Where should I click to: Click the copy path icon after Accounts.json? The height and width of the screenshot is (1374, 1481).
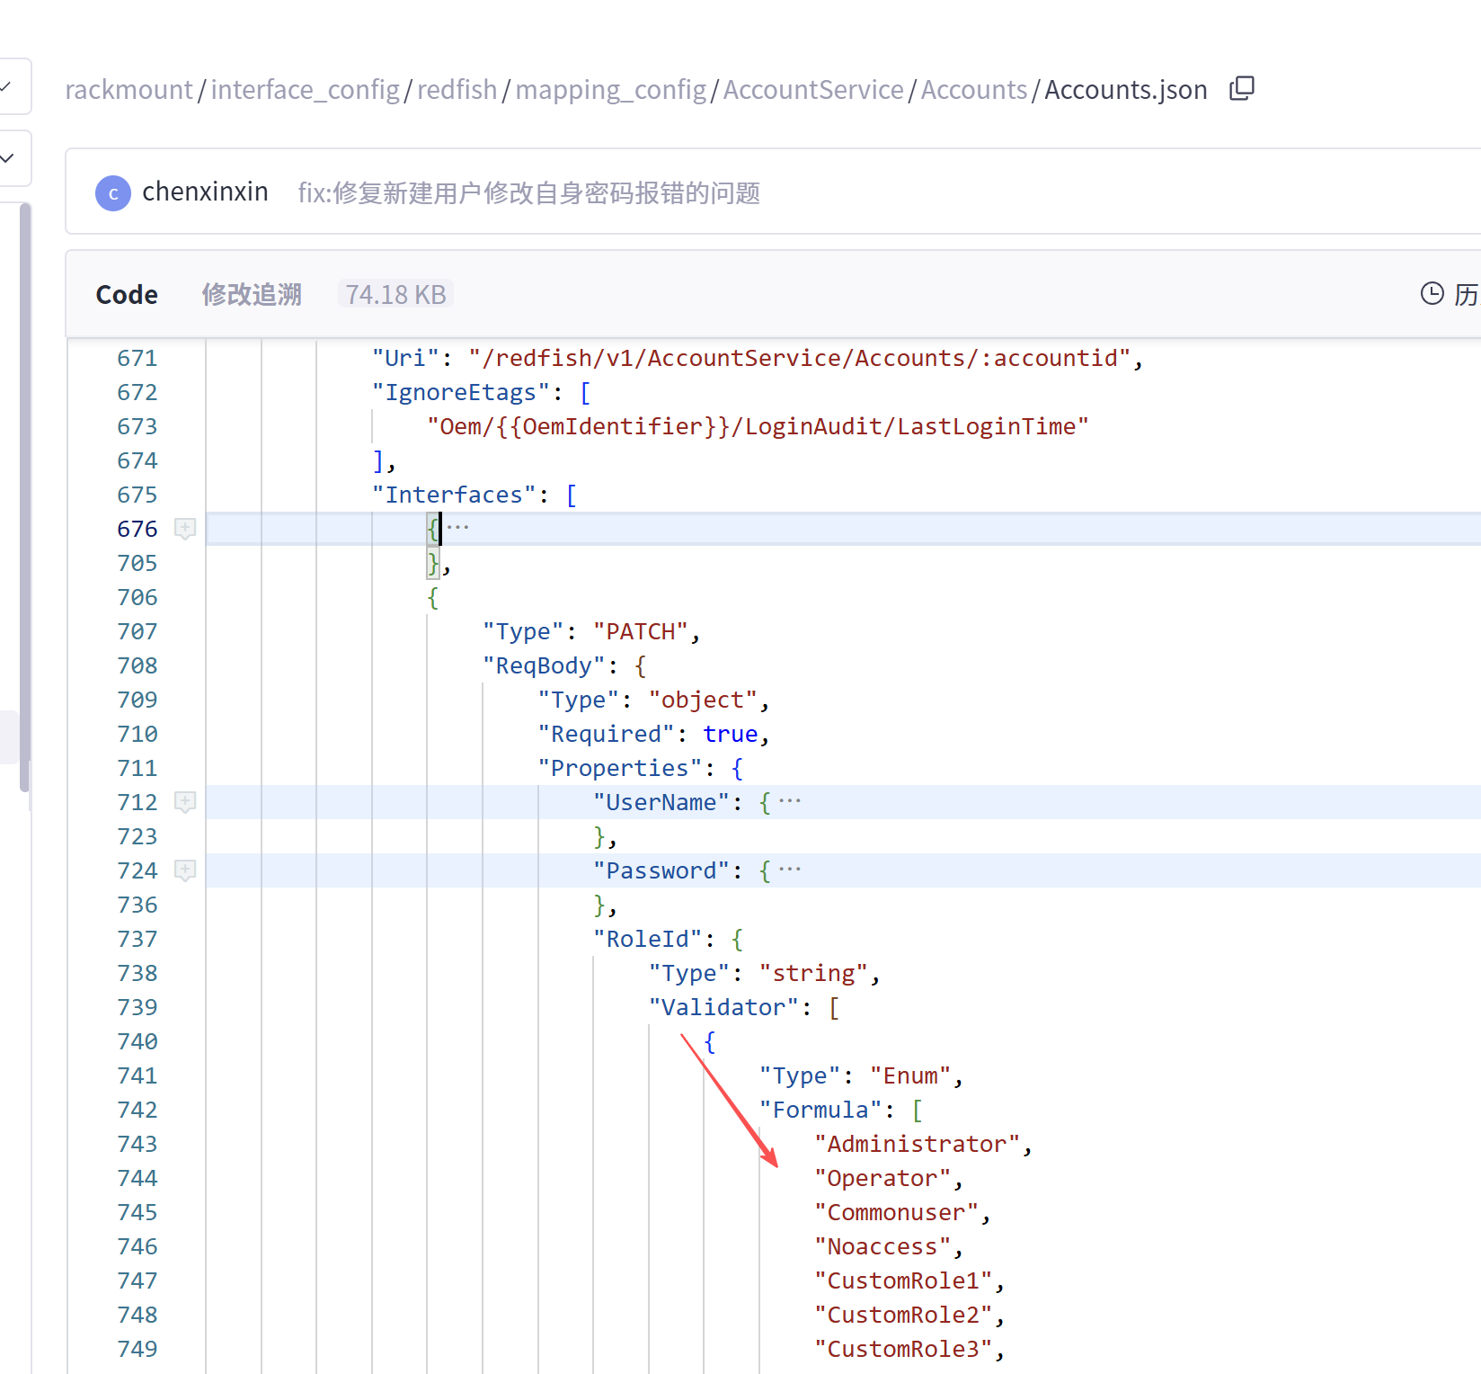click(x=1242, y=88)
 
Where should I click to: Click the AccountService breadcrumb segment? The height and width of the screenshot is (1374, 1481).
click(x=813, y=90)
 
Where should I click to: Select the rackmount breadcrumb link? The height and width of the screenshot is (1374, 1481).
click(x=129, y=90)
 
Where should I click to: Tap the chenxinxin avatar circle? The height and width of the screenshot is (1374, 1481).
click(x=113, y=192)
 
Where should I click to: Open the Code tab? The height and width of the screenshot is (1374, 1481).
click(x=127, y=295)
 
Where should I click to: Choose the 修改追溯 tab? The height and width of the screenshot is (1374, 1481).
click(x=252, y=295)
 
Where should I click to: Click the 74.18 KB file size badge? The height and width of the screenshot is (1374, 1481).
click(x=395, y=295)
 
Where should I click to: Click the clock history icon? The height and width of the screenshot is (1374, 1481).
click(x=1432, y=293)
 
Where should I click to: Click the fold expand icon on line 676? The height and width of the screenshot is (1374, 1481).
click(x=185, y=529)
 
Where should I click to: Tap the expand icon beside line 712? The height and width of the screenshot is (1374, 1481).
click(x=185, y=802)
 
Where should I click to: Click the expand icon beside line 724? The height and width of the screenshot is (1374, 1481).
click(x=185, y=870)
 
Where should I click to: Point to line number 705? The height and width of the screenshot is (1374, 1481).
click(x=137, y=563)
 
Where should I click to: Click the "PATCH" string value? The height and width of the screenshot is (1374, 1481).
click(x=641, y=631)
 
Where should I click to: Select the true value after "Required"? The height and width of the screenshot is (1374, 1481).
click(x=731, y=734)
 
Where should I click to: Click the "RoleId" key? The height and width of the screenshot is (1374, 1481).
click(x=648, y=939)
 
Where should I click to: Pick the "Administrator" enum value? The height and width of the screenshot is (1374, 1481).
click(x=918, y=1144)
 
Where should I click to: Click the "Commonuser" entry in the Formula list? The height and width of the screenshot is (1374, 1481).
click(x=896, y=1212)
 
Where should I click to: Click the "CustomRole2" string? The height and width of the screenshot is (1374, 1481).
click(x=903, y=1315)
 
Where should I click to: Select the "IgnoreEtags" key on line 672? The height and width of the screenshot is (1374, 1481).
click(x=461, y=392)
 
